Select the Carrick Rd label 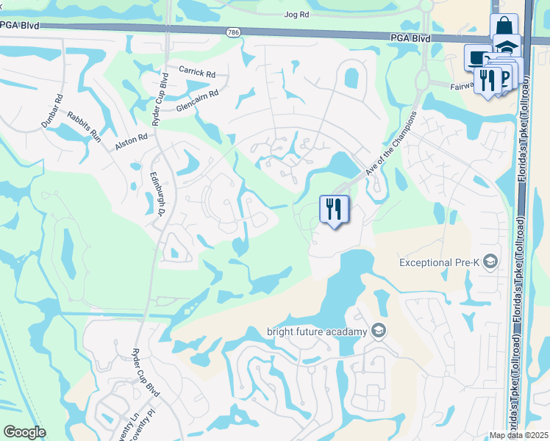coord(197,73)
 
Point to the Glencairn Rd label coord(197,101)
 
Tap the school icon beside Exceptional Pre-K coord(492,262)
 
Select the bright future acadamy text coord(318,331)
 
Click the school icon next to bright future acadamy coord(378,331)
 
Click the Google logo coord(25,432)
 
